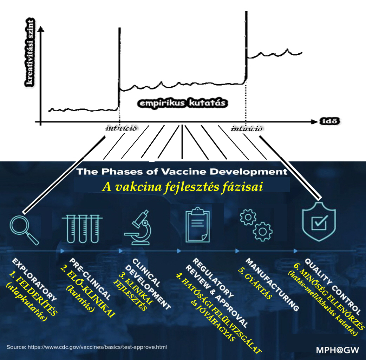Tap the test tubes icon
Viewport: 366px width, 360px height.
(x=82, y=229)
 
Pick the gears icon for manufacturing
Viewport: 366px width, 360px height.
(x=256, y=225)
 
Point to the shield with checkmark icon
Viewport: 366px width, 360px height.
(x=319, y=221)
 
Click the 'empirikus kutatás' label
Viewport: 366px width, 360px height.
(x=183, y=103)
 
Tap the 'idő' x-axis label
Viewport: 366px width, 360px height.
(x=329, y=121)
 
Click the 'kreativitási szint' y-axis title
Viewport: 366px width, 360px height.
(x=30, y=53)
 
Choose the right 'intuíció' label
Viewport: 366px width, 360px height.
(x=247, y=128)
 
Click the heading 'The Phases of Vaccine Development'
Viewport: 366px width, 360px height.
(x=182, y=172)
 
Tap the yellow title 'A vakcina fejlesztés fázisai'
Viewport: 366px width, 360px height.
(x=182, y=187)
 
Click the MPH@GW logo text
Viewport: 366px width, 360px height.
(x=338, y=350)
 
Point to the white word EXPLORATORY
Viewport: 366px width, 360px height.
(x=34, y=280)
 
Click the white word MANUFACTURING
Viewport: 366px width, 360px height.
(x=272, y=285)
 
